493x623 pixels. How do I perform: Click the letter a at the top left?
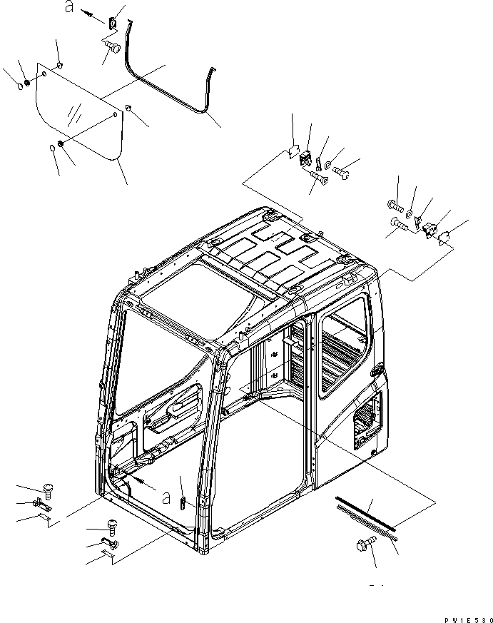click(x=69, y=8)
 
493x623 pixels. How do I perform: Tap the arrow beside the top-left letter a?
click(x=89, y=14)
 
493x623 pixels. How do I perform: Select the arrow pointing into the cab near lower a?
click(x=146, y=483)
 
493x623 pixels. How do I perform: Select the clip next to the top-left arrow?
click(x=112, y=24)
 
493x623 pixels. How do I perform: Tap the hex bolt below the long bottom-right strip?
click(x=362, y=546)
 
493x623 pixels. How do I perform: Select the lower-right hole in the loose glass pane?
click(x=116, y=114)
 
